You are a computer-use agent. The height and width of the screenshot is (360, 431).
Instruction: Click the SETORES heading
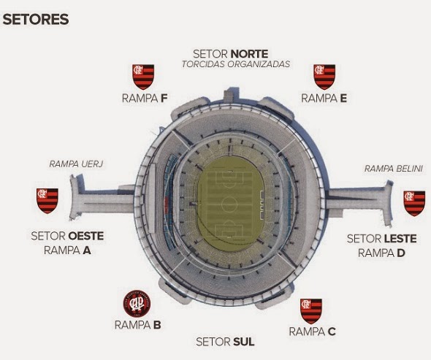(36, 20)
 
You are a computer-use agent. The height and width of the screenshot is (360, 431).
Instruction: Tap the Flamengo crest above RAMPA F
(143, 77)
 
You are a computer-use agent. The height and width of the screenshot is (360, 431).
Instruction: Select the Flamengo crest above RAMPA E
(324, 77)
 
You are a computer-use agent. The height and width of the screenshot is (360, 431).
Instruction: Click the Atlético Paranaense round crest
(137, 303)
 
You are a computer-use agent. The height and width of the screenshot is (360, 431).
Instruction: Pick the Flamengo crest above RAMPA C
(311, 311)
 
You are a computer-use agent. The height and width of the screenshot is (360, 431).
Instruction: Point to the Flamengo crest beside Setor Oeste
(47, 201)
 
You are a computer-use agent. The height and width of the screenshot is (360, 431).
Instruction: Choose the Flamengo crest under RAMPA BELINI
(414, 204)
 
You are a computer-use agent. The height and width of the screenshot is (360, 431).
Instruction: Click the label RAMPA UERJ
(76, 164)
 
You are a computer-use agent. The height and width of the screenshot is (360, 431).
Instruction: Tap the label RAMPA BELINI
(393, 169)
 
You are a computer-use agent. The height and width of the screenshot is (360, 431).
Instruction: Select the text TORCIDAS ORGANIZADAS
(236, 64)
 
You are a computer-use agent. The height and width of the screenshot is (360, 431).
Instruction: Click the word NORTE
(250, 53)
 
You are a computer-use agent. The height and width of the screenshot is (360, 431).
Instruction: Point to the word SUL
(244, 342)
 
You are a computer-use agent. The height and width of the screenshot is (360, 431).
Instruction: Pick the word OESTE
(85, 236)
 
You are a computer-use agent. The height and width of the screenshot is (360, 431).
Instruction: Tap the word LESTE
(400, 239)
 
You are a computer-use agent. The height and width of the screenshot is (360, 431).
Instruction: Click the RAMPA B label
(138, 325)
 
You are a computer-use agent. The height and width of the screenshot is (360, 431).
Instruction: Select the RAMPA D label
(381, 253)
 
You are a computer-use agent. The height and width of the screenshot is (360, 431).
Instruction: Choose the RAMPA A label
(67, 250)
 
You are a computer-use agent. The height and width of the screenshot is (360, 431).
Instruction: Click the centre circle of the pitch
(229, 204)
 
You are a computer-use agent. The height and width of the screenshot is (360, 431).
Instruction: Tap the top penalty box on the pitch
(229, 178)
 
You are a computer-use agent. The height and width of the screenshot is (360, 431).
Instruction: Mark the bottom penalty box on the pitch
(229, 231)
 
